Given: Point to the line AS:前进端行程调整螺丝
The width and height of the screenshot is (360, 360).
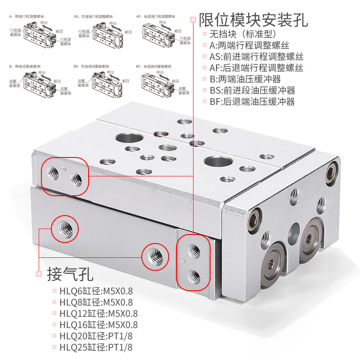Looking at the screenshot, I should point(256,57).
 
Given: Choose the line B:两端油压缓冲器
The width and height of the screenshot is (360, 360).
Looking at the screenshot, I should point(245,79).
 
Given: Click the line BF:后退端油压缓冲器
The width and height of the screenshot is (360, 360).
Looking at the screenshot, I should point(252,102).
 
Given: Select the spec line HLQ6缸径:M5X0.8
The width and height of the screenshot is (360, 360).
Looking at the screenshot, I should point(96,291).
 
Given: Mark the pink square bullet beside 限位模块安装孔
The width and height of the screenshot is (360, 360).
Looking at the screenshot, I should point(193,20).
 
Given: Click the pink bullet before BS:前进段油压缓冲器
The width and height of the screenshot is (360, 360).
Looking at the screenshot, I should point(205,90).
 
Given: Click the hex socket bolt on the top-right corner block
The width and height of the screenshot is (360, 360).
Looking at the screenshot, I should point(332,169).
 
